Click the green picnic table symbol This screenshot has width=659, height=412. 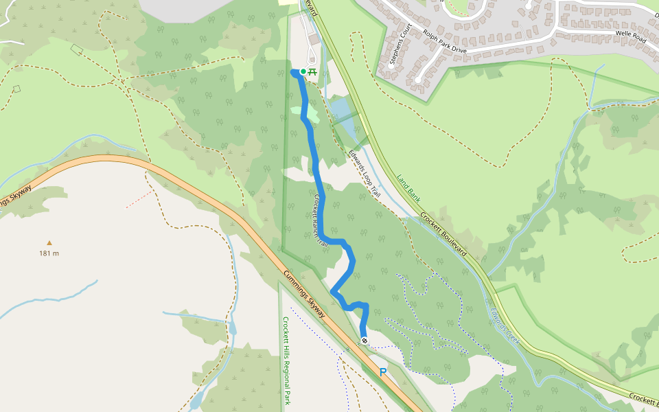(312, 71)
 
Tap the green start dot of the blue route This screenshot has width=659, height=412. (303, 71)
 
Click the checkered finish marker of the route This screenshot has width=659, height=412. (365, 341)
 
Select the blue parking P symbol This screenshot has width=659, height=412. (383, 372)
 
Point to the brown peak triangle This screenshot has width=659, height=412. (49, 242)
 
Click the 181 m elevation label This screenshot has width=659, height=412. (49, 253)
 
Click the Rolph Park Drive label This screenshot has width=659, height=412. (445, 41)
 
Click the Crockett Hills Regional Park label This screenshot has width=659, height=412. (286, 360)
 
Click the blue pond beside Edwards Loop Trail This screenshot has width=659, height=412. (341, 110)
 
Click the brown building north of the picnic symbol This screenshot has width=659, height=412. (314, 40)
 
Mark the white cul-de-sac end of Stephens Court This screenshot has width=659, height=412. (417, 80)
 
